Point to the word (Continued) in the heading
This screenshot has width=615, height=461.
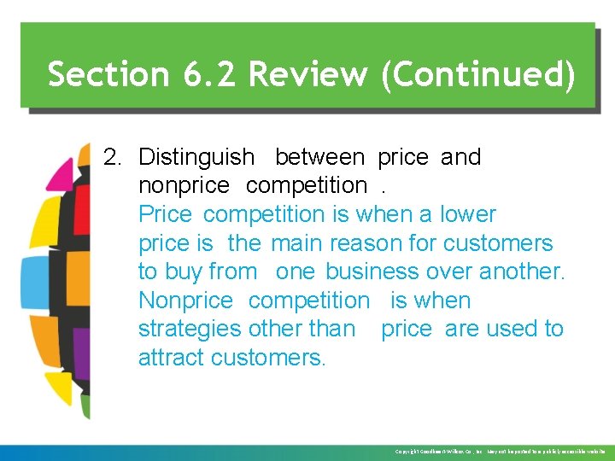pos(478,74)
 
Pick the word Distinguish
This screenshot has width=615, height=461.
pos(196,157)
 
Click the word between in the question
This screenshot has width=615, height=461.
pos(319,157)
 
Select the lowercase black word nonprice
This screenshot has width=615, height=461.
pos(184,185)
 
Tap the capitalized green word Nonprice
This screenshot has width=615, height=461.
pos(185,301)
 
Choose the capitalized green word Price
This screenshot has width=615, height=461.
pos(166,214)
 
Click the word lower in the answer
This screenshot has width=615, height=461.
pos(467,214)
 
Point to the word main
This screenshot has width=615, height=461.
pos(297,243)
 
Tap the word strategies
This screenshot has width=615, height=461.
pos(190,329)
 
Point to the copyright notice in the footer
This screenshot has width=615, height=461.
pos(500,452)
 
